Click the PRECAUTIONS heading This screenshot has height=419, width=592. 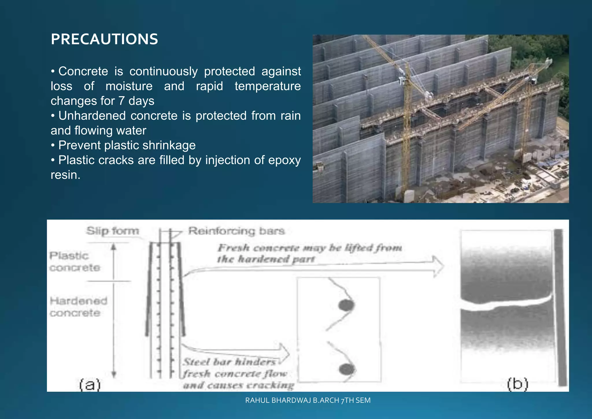pos(104,39)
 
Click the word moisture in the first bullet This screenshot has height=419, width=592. pos(129,86)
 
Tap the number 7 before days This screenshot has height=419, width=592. pos(121,101)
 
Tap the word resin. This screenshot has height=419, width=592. pos(65,175)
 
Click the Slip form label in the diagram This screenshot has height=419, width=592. pos(113,231)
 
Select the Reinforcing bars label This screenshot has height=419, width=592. pos(236,231)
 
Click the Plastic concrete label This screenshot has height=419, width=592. pos(75,262)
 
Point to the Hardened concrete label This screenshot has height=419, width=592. pos(78,307)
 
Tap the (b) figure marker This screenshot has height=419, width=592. pos(517,384)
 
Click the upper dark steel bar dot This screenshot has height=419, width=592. pos(346,305)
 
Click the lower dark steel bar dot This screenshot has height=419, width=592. pos(346,369)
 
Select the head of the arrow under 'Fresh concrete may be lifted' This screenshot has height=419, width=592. pos(438,267)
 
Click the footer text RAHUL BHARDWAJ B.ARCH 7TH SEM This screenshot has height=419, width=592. pos(308,400)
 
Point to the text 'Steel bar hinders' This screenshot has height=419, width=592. pos(230,362)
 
